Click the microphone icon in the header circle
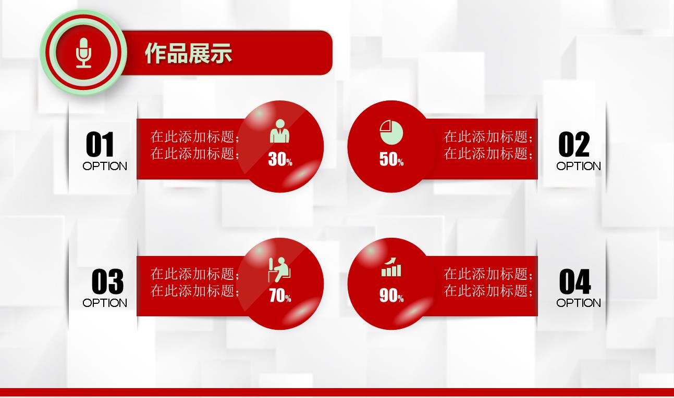[83, 53]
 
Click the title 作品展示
[189, 53]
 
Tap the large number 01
[100, 144]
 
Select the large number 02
[574, 144]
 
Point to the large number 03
[107, 281]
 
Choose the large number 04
[575, 281]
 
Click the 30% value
[280, 159]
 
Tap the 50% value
[391, 159]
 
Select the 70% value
[280, 296]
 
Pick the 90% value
[391, 296]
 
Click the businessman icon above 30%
[279, 131]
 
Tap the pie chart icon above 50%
[391, 133]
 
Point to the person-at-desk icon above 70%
[279, 269]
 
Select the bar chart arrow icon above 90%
[391, 267]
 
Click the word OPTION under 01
[105, 166]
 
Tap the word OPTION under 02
[578, 166]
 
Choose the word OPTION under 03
[105, 303]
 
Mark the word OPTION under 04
[578, 303]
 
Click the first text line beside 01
[195, 137]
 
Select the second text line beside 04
[488, 291]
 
